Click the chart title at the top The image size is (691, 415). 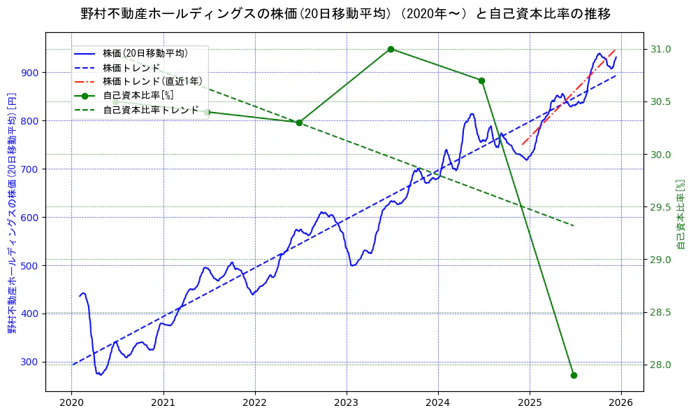pyautogui.click(x=345, y=13)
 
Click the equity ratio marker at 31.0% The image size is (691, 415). pyautogui.click(x=391, y=49)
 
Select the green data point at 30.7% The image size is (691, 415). pyautogui.click(x=481, y=80)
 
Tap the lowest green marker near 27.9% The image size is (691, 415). pyautogui.click(x=574, y=375)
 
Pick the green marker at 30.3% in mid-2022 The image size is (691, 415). pyautogui.click(x=299, y=122)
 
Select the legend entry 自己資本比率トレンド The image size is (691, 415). pyautogui.click(x=150, y=110)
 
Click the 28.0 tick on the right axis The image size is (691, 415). pyautogui.click(x=661, y=365)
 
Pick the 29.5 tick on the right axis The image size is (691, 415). pyautogui.click(x=661, y=207)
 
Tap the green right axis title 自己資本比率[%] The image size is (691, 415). pyautogui.click(x=682, y=213)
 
